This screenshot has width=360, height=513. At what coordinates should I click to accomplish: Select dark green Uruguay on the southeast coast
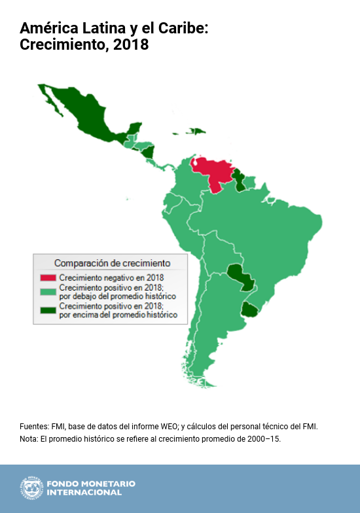coord(249,309)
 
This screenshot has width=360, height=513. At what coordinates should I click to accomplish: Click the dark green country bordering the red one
coord(241,181)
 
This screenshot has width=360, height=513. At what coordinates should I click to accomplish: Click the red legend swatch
coord(48,278)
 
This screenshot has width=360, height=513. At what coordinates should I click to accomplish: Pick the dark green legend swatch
coord(48,310)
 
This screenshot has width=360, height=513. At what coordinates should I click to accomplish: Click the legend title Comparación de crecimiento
coord(112,263)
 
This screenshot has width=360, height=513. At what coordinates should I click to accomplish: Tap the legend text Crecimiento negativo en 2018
coord(111,278)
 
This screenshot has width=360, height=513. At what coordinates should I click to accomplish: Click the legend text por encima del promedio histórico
coord(118,315)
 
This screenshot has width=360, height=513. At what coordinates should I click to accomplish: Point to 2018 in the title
coord(131,45)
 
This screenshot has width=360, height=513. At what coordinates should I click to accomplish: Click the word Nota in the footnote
coord(28,438)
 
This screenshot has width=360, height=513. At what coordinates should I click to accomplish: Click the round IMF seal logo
coord(29,488)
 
